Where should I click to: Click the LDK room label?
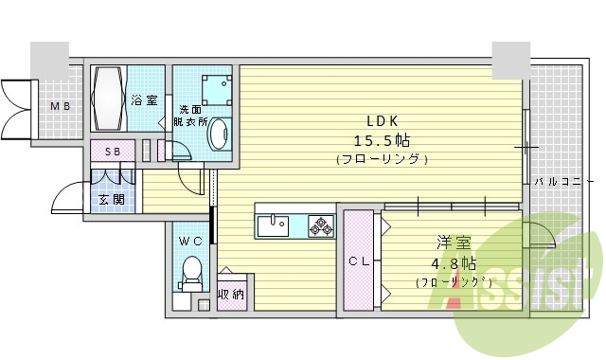coord(383,120)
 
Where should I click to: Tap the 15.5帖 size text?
coord(383,139)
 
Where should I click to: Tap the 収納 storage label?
coord(232,295)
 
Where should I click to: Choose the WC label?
coord(191,242)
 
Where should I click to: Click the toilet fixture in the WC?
coord(192,272)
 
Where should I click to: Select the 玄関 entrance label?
coord(111,200)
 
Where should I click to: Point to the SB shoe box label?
coord(113,152)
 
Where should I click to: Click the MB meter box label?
coord(61,106)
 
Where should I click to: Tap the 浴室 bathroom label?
coord(144,99)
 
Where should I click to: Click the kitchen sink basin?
coord(274,225)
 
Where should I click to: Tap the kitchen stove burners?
coord(321,225)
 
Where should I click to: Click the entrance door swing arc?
coord(66,193)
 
